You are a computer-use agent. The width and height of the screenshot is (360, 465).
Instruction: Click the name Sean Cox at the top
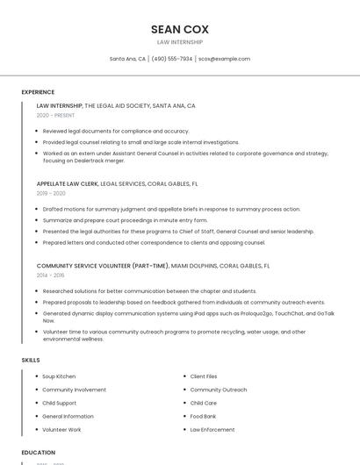[x=179, y=29]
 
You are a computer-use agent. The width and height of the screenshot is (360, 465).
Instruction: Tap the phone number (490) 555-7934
[x=171, y=59]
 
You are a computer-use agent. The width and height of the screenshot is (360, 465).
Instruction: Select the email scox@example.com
[x=224, y=59]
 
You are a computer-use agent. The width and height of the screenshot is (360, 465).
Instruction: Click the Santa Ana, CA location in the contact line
[x=127, y=59]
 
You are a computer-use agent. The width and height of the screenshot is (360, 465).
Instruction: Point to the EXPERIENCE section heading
[x=38, y=92]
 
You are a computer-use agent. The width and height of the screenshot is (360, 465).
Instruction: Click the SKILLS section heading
[x=31, y=360]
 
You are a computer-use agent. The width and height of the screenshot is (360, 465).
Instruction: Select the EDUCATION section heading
[x=39, y=453]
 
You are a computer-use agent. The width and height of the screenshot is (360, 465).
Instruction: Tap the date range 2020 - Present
[x=55, y=115]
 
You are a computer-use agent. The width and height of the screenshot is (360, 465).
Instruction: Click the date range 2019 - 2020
[x=51, y=193]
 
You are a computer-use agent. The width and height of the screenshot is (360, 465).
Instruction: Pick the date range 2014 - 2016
[x=51, y=275]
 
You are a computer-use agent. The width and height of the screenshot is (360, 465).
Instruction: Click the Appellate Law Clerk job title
[x=68, y=184]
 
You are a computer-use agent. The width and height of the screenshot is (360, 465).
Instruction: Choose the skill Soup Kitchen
[x=59, y=376]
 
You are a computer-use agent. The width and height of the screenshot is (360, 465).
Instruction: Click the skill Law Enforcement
[x=212, y=429]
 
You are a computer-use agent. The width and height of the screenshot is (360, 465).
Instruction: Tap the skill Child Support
[x=60, y=403]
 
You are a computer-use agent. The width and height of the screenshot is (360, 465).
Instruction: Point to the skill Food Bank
[x=203, y=416]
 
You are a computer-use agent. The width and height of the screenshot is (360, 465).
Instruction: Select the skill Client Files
[x=204, y=376]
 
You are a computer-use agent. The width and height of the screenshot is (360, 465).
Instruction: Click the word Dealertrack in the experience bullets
[x=94, y=161]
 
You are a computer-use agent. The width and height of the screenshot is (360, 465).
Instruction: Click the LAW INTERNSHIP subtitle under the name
[x=179, y=42]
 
